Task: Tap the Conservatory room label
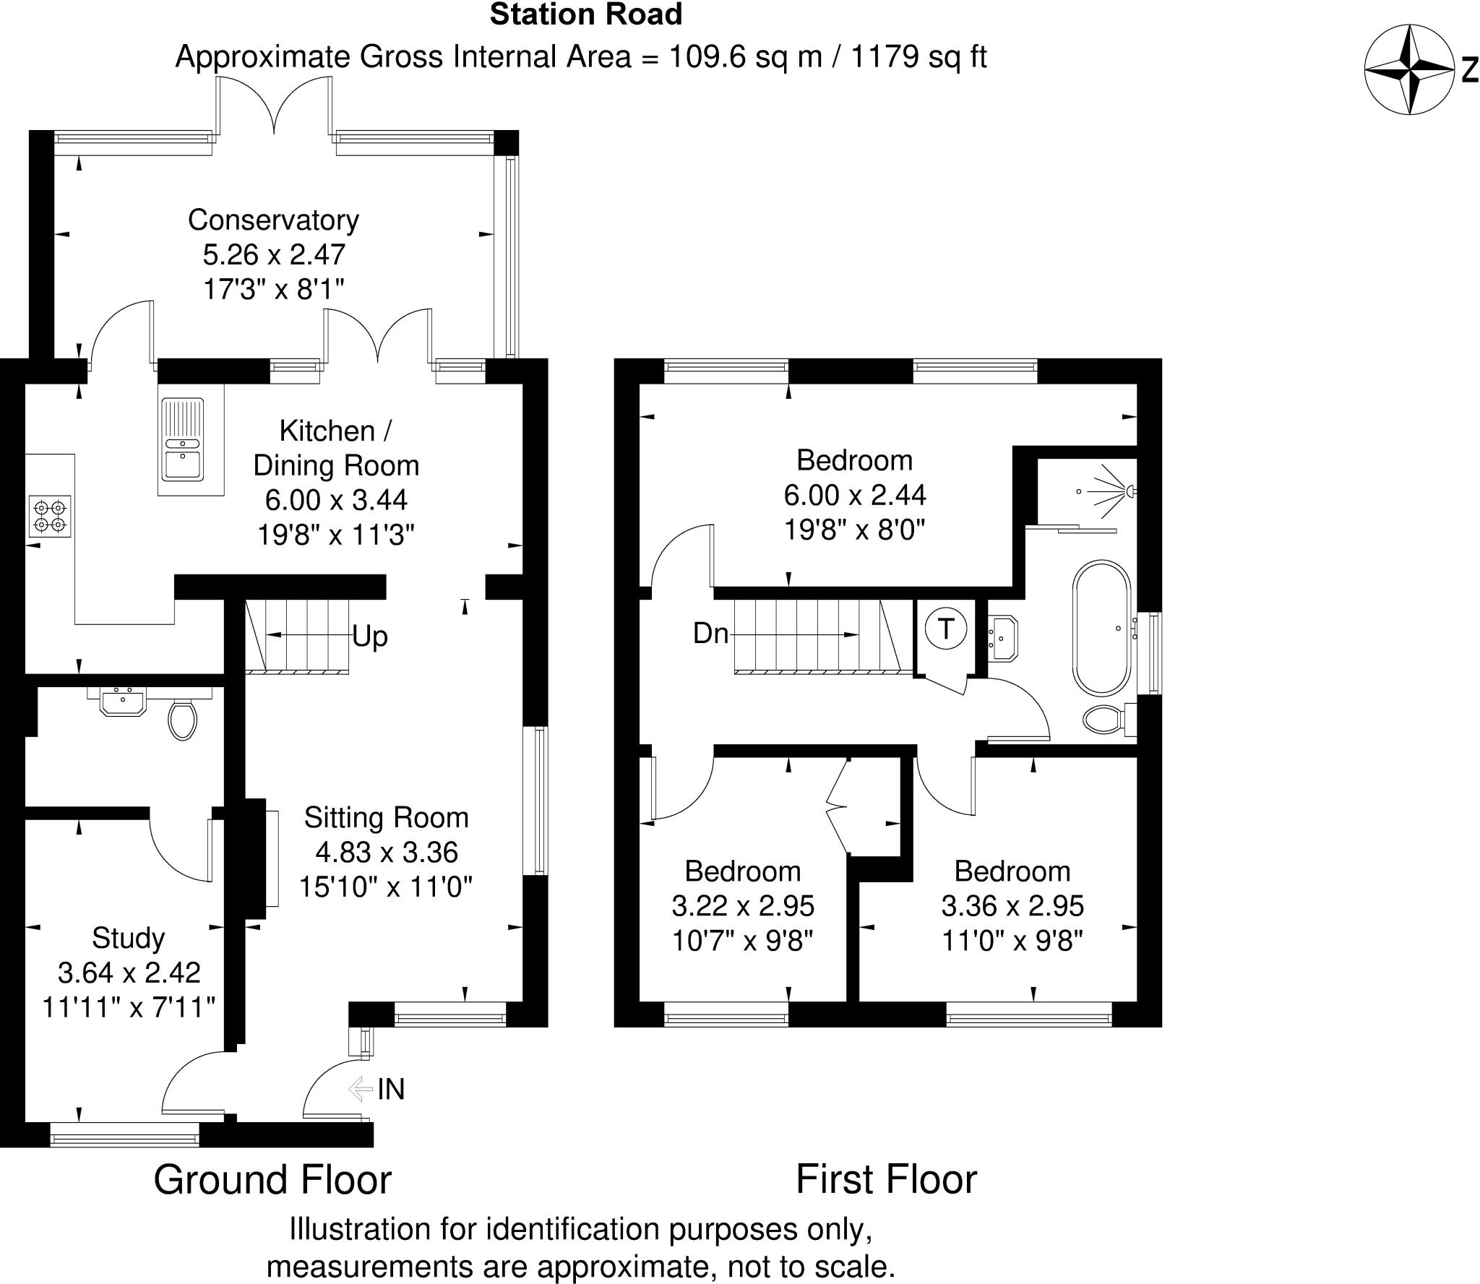pyautogui.click(x=273, y=220)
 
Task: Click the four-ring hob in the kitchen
pyautogui.click(x=50, y=516)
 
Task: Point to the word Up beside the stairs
pyautogui.click(x=370, y=637)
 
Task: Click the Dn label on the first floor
pyautogui.click(x=710, y=634)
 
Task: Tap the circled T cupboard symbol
pyautogui.click(x=945, y=628)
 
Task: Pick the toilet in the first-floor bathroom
pyautogui.click(x=1105, y=719)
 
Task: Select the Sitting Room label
pyautogui.click(x=386, y=817)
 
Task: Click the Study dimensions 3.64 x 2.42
pyautogui.click(x=129, y=973)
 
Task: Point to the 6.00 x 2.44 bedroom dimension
pyautogui.click(x=854, y=495)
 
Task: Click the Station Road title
pyautogui.click(x=585, y=14)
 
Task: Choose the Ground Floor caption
pyautogui.click(x=272, y=1180)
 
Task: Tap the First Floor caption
pyautogui.click(x=886, y=1180)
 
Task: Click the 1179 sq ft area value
pyautogui.click(x=918, y=56)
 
